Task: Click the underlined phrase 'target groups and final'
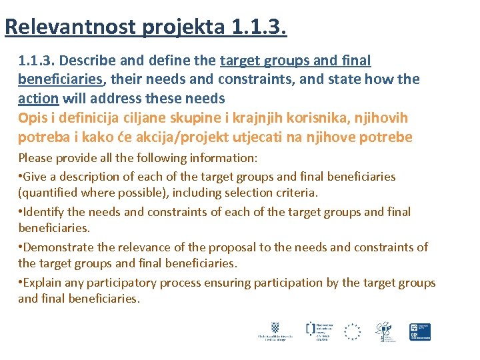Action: pyautogui.click(x=295, y=61)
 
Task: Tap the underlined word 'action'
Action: pyautogui.click(x=38, y=98)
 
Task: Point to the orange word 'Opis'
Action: pyautogui.click(x=31, y=118)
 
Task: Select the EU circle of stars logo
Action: pyautogui.click(x=352, y=331)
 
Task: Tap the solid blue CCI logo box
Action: pyautogui.click(x=420, y=331)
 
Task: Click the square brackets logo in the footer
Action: pyautogui.click(x=311, y=327)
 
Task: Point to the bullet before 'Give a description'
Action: pyautogui.click(x=20, y=177)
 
